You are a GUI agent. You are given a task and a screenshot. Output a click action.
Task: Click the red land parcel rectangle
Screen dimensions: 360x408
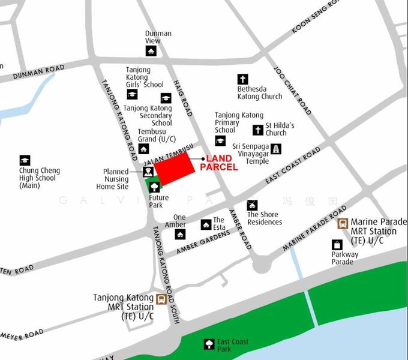point(175,168)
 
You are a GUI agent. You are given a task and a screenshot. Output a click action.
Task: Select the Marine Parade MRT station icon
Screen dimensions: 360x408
point(343,224)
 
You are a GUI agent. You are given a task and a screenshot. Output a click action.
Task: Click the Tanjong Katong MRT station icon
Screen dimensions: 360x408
point(161,299)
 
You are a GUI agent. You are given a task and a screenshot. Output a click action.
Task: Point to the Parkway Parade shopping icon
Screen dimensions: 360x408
point(337,244)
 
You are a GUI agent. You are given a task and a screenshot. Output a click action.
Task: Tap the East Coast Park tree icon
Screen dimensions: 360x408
point(209,344)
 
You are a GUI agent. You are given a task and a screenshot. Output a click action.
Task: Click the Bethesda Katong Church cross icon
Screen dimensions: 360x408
point(242,79)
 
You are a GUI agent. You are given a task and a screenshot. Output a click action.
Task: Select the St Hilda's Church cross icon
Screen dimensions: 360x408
point(257,129)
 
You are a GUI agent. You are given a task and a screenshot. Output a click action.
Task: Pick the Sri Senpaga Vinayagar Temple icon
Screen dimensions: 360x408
point(275,149)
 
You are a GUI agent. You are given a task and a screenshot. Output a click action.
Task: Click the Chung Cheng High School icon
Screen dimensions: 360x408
point(25,160)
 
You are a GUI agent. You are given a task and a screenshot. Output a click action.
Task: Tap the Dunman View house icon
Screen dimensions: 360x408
point(151,51)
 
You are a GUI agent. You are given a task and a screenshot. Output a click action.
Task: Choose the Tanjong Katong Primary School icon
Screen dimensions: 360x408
point(220,141)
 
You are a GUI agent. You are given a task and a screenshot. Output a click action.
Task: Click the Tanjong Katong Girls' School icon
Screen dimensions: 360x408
point(132,94)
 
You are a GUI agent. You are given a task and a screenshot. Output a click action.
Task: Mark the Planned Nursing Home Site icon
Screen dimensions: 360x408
point(148,172)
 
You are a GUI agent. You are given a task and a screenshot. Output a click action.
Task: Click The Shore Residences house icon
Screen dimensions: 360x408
point(252,205)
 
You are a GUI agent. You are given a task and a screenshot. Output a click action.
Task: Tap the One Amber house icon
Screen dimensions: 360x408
point(180,234)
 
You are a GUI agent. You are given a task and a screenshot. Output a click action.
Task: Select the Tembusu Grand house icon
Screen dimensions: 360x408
point(144,149)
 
